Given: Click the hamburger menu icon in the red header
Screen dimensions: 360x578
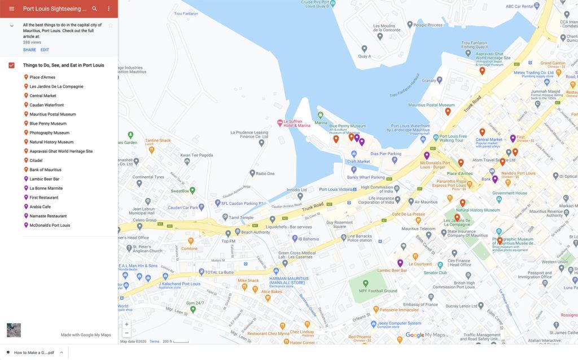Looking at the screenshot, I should click(11, 8).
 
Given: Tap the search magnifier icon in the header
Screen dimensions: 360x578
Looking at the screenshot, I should click(94, 8).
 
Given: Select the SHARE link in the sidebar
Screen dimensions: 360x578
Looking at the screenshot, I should click(29, 50).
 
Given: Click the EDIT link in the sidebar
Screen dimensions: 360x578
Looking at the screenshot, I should click(45, 50).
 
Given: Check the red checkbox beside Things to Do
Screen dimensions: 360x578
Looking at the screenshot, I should click(11, 65).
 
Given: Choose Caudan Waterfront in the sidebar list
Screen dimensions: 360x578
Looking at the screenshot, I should click(46, 105).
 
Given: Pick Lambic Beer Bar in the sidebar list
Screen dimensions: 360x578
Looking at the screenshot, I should click(44, 179).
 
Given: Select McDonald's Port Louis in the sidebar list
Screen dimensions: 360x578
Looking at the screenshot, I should click(50, 225).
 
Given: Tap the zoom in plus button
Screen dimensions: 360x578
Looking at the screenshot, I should click(126, 324).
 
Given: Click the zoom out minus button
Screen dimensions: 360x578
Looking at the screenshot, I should click(126, 333).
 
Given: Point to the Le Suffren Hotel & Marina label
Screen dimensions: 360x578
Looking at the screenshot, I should click(296, 123).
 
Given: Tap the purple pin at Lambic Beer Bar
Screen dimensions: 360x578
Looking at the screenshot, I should click(400, 262).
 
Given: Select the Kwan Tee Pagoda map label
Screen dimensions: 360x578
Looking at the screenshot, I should click(196, 155).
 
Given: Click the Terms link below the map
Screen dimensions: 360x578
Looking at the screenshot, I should click(154, 341).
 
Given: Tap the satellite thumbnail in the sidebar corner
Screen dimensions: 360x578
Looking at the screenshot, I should click(14, 330).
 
